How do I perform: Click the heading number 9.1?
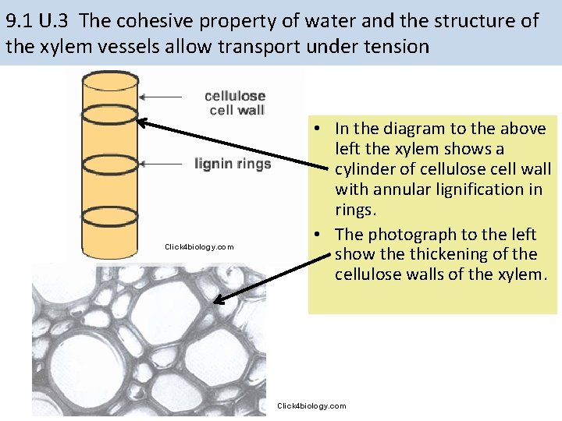21,20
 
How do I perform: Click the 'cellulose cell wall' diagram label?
235,103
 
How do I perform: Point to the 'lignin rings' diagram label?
233,164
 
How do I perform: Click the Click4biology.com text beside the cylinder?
199,247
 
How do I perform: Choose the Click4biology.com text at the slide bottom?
311,406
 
